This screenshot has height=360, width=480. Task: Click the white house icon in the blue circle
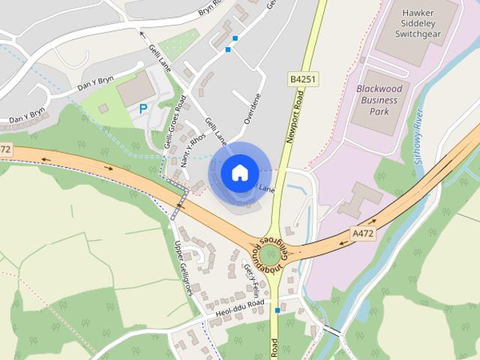pos(238,172)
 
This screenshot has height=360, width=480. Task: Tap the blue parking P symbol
pos(142,109)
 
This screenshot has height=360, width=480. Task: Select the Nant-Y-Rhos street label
pos(193,148)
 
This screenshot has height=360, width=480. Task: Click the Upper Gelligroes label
pos(184,268)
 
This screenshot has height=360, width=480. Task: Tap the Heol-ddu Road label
pos(234,305)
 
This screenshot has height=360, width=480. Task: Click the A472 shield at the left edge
pos(6,149)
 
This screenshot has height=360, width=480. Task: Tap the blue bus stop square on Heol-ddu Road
pos(277,310)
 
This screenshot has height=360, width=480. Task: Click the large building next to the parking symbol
pos(133,90)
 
